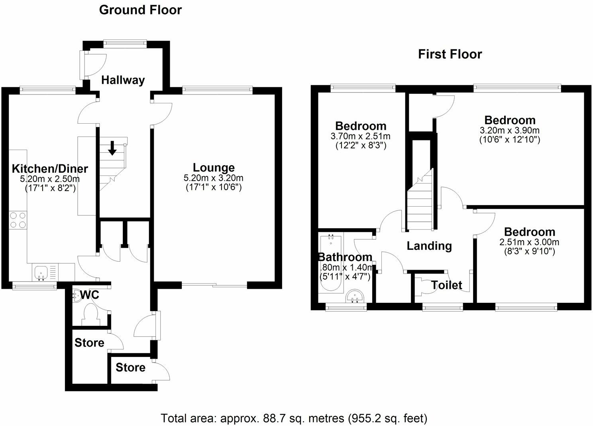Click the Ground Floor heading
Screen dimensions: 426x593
pos(140,10)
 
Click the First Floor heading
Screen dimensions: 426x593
pos(450,54)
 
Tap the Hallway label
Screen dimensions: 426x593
pos(123,80)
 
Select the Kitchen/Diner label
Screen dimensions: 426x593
pos(50,168)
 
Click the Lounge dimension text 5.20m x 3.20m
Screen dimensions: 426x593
pos(214,178)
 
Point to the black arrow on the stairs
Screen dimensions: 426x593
pos(112,148)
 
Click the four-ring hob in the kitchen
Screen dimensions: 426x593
pos(18,220)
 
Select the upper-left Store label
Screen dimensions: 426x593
pos(89,343)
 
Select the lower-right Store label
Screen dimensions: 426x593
pos(130,367)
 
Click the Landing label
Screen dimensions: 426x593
pos(429,246)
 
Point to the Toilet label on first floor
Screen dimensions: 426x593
pos(447,285)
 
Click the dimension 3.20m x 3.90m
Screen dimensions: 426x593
pos(510,130)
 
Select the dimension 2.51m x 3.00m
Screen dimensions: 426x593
pos(529,242)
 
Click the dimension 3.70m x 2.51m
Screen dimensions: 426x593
pos(360,136)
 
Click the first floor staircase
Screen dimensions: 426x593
pos(420,203)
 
